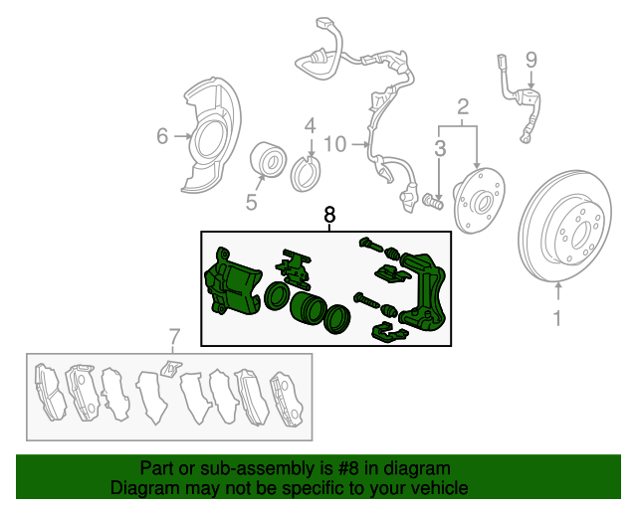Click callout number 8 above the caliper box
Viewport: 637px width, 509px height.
[x=329, y=215]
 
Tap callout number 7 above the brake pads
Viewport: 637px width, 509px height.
[x=173, y=337]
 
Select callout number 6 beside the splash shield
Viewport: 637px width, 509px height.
[x=162, y=136]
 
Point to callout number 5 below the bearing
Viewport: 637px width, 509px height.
[x=252, y=202]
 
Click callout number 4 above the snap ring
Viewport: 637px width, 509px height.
[x=310, y=126]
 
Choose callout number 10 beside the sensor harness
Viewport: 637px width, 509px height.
[x=335, y=144]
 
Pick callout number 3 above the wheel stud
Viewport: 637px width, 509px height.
[x=440, y=148]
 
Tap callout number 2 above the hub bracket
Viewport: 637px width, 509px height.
[x=463, y=107]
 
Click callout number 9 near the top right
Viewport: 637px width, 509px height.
[x=531, y=60]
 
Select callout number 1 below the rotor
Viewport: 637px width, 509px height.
[x=557, y=318]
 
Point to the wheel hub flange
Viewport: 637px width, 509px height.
[x=479, y=201]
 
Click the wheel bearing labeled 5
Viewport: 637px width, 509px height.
[x=268, y=159]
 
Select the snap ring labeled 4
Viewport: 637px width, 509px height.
[x=306, y=175]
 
